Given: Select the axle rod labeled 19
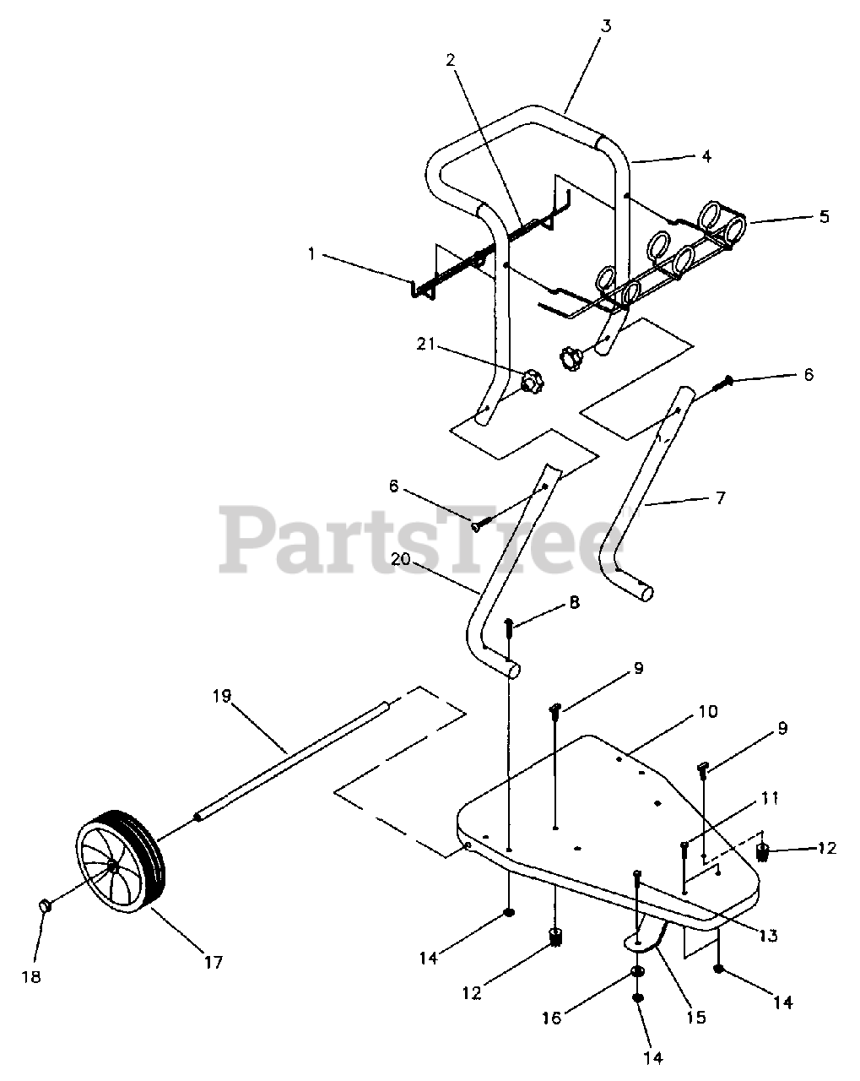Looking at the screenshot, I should (x=291, y=757).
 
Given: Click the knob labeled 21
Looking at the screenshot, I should (x=531, y=383).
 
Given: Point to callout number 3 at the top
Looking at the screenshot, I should (x=605, y=24).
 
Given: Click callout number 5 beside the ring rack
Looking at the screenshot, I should (x=823, y=216).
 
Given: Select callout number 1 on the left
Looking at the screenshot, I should (x=311, y=253).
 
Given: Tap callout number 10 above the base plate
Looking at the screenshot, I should (x=707, y=712).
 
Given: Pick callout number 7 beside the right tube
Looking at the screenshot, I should (x=719, y=498).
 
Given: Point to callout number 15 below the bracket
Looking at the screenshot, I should (x=695, y=1018).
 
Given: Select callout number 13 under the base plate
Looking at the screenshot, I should (x=767, y=935).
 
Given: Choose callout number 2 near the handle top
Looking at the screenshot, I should (x=451, y=60).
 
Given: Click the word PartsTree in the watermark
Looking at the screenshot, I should (x=414, y=538).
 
